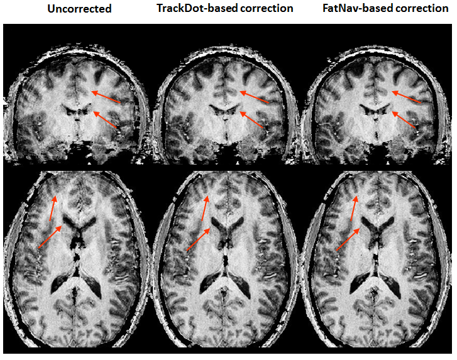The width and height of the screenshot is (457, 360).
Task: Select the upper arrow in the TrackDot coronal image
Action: pos(254,97)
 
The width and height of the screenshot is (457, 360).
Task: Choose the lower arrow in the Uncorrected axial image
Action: pos(50,236)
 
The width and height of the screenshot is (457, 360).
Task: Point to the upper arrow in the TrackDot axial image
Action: pos(204,208)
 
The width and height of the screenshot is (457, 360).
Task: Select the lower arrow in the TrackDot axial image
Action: pos(199,239)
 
